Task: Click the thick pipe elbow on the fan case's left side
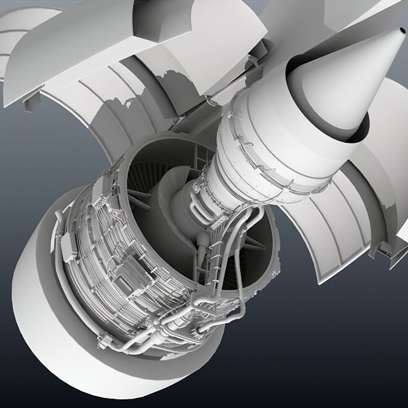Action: (60, 219)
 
